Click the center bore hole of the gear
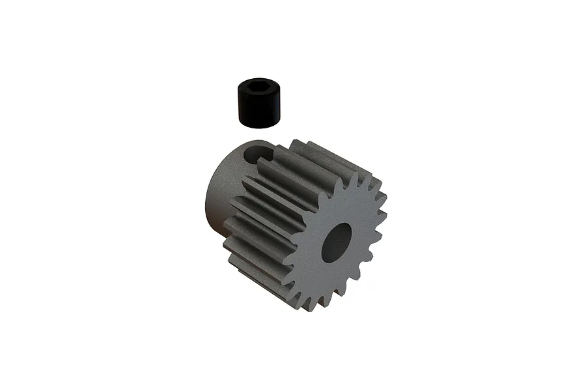click(x=337, y=242)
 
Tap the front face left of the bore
click(x=309, y=251)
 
